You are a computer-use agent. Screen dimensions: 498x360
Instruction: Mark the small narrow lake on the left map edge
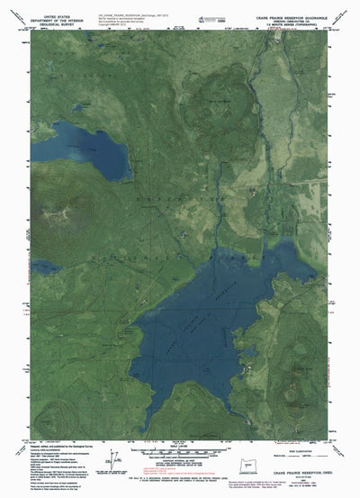45,267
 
